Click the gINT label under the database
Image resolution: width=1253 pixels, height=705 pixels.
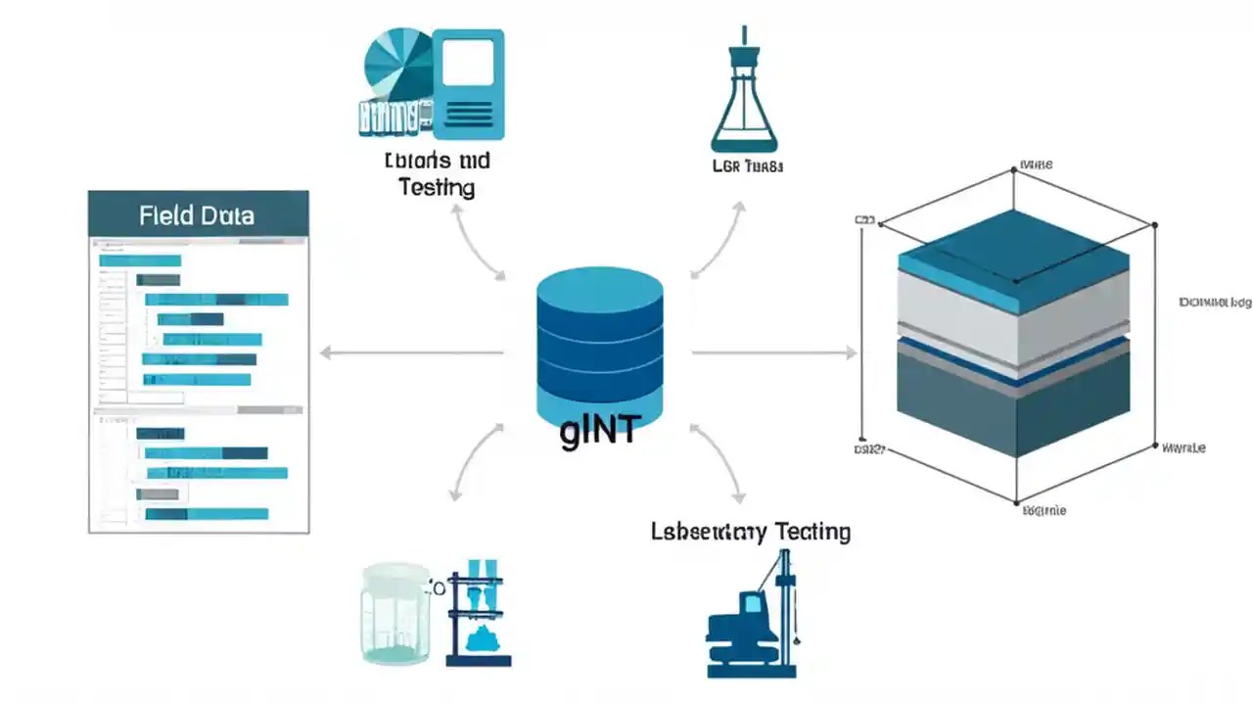click(x=598, y=432)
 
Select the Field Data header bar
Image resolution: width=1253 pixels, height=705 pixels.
click(x=198, y=214)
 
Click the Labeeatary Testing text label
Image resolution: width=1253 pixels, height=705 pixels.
click(x=750, y=532)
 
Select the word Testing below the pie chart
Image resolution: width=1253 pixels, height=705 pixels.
click(x=437, y=187)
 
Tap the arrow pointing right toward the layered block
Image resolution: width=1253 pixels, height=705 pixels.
click(x=773, y=352)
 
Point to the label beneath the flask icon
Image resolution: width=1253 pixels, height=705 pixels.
click(x=748, y=166)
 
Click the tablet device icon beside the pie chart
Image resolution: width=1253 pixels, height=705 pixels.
click(x=468, y=83)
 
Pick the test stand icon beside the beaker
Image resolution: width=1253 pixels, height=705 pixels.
click(x=479, y=617)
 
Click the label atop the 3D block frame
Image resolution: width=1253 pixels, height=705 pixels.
click(x=1036, y=164)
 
